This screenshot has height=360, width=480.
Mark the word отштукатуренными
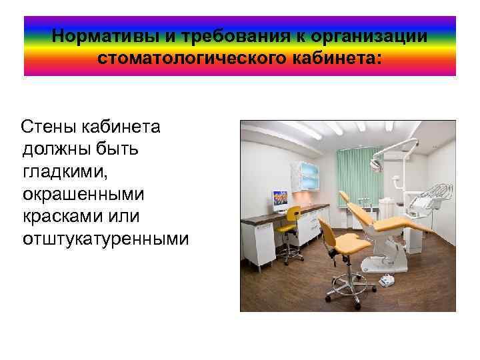point(105,239)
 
